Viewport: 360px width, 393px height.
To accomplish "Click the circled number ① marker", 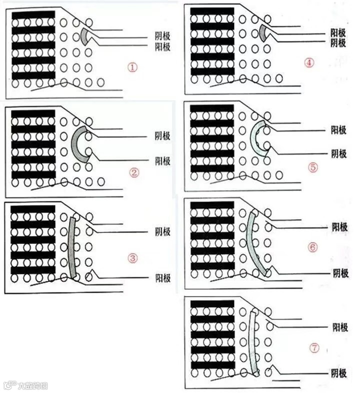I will [x=132, y=67].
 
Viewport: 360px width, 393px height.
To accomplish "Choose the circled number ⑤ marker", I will [x=313, y=167].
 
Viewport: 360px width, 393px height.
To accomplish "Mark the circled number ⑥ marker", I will [x=313, y=247].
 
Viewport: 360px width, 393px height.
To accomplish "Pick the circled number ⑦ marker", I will [x=313, y=348].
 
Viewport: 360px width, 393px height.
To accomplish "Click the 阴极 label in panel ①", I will [x=162, y=36].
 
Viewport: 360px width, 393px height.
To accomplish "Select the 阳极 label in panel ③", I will [x=162, y=232].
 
